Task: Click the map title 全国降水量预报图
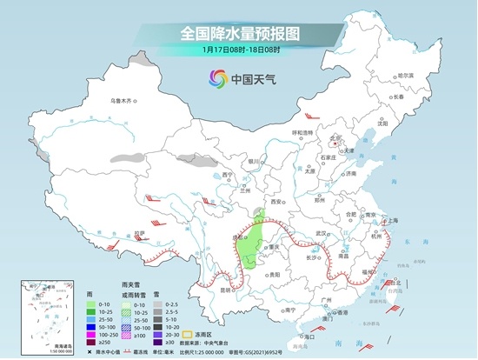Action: click(238, 33)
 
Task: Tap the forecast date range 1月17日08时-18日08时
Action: click(238, 50)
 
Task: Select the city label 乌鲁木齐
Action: click(123, 101)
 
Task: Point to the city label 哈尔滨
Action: click(405, 76)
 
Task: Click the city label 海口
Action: click(307, 335)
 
